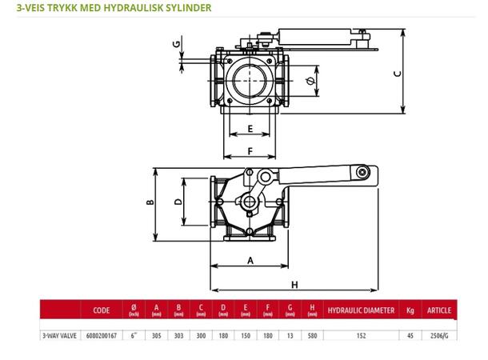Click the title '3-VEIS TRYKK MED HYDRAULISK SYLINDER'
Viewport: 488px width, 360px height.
[107, 9]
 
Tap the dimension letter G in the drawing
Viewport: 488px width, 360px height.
[177, 44]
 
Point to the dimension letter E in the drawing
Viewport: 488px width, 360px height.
[250, 129]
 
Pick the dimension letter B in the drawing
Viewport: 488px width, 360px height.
[149, 202]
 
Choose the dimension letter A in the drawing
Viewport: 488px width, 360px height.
[250, 261]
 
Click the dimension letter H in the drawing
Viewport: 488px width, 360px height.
[294, 284]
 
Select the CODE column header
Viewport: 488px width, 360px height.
[102, 310]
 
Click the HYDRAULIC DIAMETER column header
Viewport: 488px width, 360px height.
[362, 310]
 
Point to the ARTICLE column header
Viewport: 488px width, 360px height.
[439, 310]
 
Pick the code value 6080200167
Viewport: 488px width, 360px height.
[102, 336]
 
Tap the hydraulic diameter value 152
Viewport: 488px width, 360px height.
[362, 336]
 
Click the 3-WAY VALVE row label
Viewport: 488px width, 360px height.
[61, 336]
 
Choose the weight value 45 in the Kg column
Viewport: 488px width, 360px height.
[410, 336]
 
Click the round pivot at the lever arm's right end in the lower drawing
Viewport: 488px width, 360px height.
[362, 172]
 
